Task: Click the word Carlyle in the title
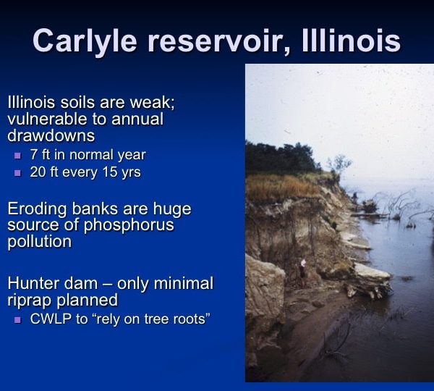point(85,41)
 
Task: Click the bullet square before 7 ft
point(17,156)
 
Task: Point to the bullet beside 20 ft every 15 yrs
point(17,173)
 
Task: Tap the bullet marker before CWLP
point(17,320)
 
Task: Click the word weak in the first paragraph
point(152,102)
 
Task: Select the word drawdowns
point(51,135)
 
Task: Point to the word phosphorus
point(129,225)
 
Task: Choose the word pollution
point(40,242)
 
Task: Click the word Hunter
point(33,284)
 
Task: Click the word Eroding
point(37,209)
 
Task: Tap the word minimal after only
point(184,284)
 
